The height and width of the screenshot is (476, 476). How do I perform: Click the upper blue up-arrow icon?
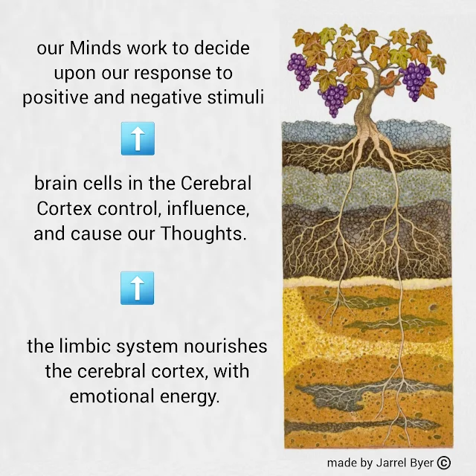pos(138,139)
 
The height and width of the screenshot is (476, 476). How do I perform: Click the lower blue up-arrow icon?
pos(137,288)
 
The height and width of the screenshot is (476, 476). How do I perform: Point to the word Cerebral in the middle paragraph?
pos(216,184)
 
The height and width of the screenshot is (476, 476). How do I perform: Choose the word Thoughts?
pos(203,234)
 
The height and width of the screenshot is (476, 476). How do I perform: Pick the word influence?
pos(208,209)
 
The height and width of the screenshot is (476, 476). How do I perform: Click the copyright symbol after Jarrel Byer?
pos(444,463)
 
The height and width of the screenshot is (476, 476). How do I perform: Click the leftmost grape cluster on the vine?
pos(300,71)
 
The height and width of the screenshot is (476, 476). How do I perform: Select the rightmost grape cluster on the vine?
pos(416,80)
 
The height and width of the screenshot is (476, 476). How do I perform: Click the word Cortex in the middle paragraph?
pos(65,208)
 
